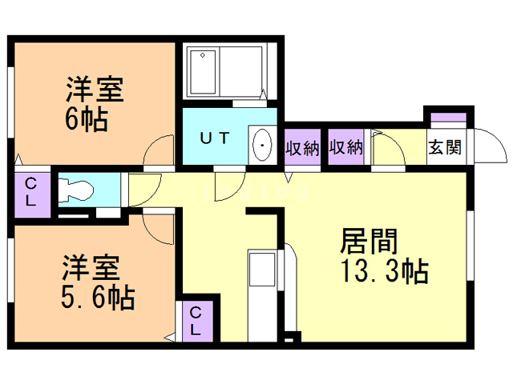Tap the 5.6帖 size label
tap(99, 298)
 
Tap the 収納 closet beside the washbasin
tap(302, 148)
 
